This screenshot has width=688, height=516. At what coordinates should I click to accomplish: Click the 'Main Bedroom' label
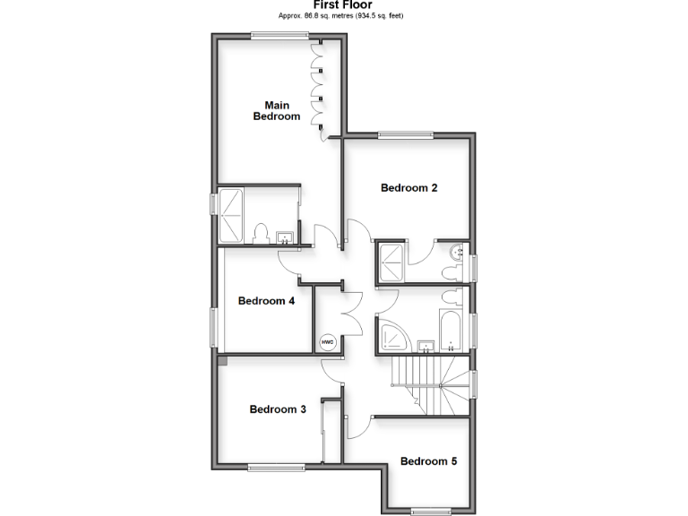pos(277,110)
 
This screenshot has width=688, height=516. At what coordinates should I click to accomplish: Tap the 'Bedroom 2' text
pos(409,188)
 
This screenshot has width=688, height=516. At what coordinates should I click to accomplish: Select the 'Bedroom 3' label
pos(278,409)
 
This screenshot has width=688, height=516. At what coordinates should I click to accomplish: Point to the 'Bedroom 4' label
pos(266,301)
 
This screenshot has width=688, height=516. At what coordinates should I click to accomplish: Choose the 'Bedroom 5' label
pos(428,461)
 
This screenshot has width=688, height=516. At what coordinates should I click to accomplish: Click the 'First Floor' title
pos(343,4)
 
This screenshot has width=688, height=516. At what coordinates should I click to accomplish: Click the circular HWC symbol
pos(328,341)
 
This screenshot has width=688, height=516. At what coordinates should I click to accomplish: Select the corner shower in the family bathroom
pos(394,334)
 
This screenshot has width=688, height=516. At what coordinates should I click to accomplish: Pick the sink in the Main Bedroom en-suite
pos(285,237)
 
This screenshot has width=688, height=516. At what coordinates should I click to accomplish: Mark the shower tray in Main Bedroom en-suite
pos(231,215)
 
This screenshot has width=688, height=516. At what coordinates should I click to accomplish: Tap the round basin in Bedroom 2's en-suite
pos(458,252)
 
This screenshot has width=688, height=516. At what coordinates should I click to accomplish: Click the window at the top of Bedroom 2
pos(406,135)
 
